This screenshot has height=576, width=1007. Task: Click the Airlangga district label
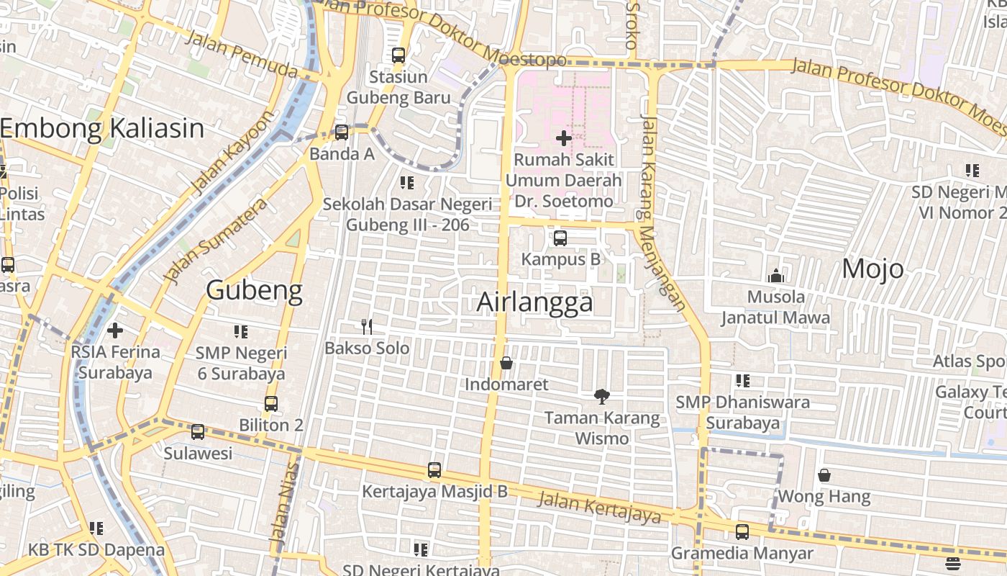[535, 302]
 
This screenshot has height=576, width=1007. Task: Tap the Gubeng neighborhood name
[254, 290]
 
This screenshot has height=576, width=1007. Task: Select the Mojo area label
[872, 269]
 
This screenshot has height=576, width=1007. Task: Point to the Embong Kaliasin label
[102, 128]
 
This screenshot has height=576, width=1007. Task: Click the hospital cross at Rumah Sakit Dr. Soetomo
[564, 138]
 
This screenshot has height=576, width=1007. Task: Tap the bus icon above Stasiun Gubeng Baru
[398, 55]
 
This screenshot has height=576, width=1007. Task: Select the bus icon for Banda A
[342, 132]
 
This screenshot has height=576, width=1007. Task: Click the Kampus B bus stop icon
[560, 238]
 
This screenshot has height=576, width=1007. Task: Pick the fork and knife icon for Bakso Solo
[367, 327]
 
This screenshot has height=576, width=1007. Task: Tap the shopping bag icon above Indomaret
[506, 363]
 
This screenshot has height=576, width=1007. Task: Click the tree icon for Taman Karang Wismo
[602, 396]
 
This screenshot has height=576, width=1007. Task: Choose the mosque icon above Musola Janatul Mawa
[775, 276]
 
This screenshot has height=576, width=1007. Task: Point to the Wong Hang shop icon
[824, 475]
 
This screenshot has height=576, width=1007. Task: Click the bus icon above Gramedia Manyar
[742, 532]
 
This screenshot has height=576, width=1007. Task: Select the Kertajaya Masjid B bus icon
[434, 470]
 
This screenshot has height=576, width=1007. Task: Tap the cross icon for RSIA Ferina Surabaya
[115, 330]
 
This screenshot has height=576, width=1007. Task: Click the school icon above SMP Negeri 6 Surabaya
[240, 331]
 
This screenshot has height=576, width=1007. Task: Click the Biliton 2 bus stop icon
[271, 404]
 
